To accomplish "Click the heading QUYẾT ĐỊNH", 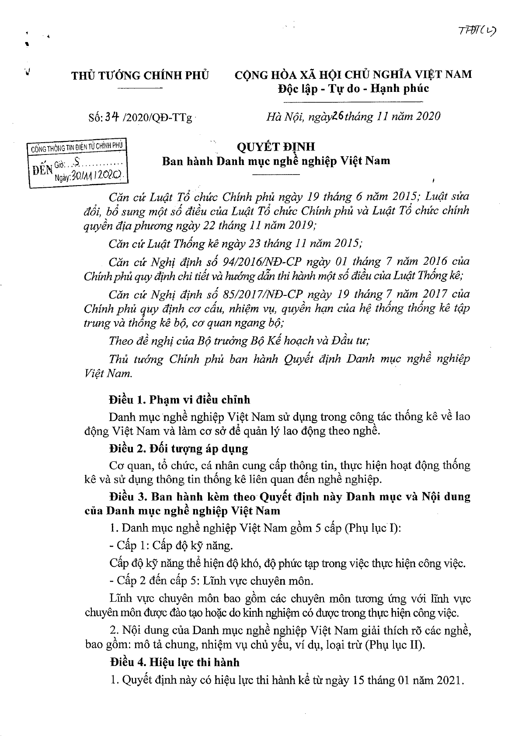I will tap(275, 146).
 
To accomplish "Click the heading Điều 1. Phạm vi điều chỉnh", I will tap(180, 399).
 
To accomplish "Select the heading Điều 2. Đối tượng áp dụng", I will tap(179, 449).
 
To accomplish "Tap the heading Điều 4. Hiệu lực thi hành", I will tap(174, 662).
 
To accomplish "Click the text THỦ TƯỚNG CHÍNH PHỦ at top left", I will tap(140, 75).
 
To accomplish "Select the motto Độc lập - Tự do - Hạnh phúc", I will tap(353, 89).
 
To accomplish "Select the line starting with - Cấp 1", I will tap(171, 546).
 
